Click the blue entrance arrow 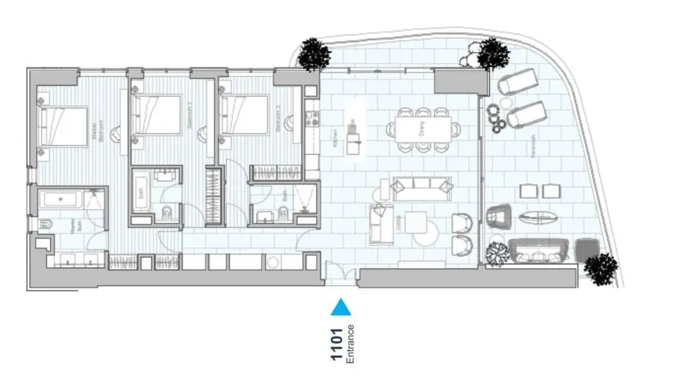pos(341,307)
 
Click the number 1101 pos(337,344)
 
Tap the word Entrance pos(350,344)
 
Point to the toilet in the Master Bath pos(46,225)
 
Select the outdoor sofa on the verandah pos(538,249)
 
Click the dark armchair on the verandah pos(500,215)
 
